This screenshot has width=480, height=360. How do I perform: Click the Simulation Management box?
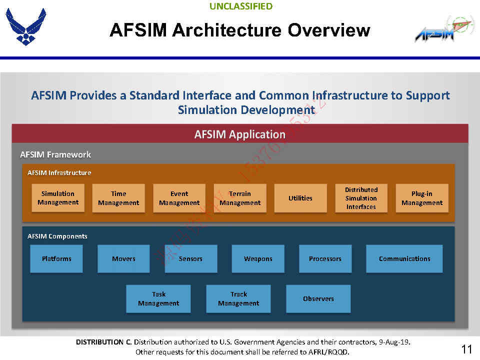coord(58,198)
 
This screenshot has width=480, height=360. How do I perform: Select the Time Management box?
coord(118,198)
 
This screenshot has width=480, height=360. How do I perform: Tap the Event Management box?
coord(179,198)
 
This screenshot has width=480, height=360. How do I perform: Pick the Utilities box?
coord(300,198)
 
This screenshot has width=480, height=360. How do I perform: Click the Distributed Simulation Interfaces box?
coord(361,198)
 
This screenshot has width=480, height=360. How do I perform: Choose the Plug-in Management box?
coord(422,198)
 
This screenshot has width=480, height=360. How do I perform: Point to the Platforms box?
coord(56,258)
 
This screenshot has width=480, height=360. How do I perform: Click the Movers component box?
coord(123,258)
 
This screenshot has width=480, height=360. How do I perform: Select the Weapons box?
coord(258,258)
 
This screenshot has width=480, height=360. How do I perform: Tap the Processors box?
coord(325,258)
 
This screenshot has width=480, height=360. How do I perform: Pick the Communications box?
coord(404,258)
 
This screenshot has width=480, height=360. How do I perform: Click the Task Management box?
coord(158,298)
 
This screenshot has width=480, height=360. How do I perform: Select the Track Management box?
coord(238,298)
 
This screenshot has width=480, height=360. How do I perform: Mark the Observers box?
coord(318,298)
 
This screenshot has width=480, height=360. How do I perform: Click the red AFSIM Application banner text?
coord(240,134)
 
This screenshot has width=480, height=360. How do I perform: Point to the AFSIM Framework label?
coord(55,154)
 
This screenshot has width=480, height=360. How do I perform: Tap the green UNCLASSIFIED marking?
coord(241,6)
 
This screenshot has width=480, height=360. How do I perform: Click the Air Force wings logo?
coord(26,26)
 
